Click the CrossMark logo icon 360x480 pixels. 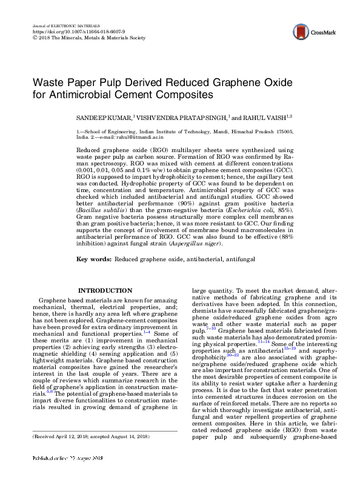click(x=299, y=32)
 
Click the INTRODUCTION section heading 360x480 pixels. click(x=105, y=291)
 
